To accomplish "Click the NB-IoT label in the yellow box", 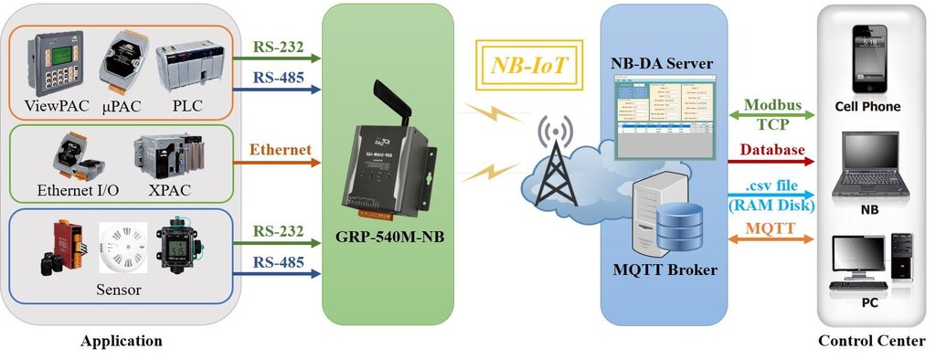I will tap(529, 66).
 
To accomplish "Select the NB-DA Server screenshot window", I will tap(663, 109).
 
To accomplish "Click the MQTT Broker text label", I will tap(664, 270).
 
